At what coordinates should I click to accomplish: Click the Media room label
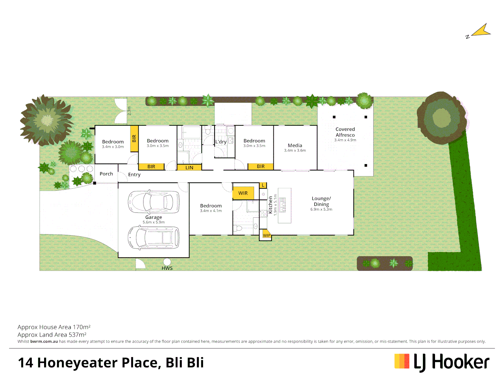[295, 145]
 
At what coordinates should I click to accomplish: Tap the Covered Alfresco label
[345, 132]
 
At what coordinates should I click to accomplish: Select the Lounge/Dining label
[321, 201]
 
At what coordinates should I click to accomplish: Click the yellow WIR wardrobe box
[243, 193]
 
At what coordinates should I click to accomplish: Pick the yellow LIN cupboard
[189, 168]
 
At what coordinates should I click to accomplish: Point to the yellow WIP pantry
[267, 235]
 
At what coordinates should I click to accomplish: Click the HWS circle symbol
[167, 262]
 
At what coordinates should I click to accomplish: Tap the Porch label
[106, 174]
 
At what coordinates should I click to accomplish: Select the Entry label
[134, 175]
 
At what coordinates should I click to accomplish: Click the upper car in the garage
[154, 202]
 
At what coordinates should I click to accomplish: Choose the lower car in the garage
[154, 237]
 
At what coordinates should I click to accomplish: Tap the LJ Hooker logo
[442, 362]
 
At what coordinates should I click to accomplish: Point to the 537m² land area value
[77, 335]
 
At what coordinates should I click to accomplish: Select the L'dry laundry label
[221, 142]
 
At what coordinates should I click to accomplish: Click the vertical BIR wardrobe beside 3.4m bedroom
[134, 139]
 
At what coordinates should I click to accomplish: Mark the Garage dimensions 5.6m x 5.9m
[154, 222]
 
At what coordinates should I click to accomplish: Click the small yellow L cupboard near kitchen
[263, 185]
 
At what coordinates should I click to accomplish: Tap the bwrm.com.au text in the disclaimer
[44, 342]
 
